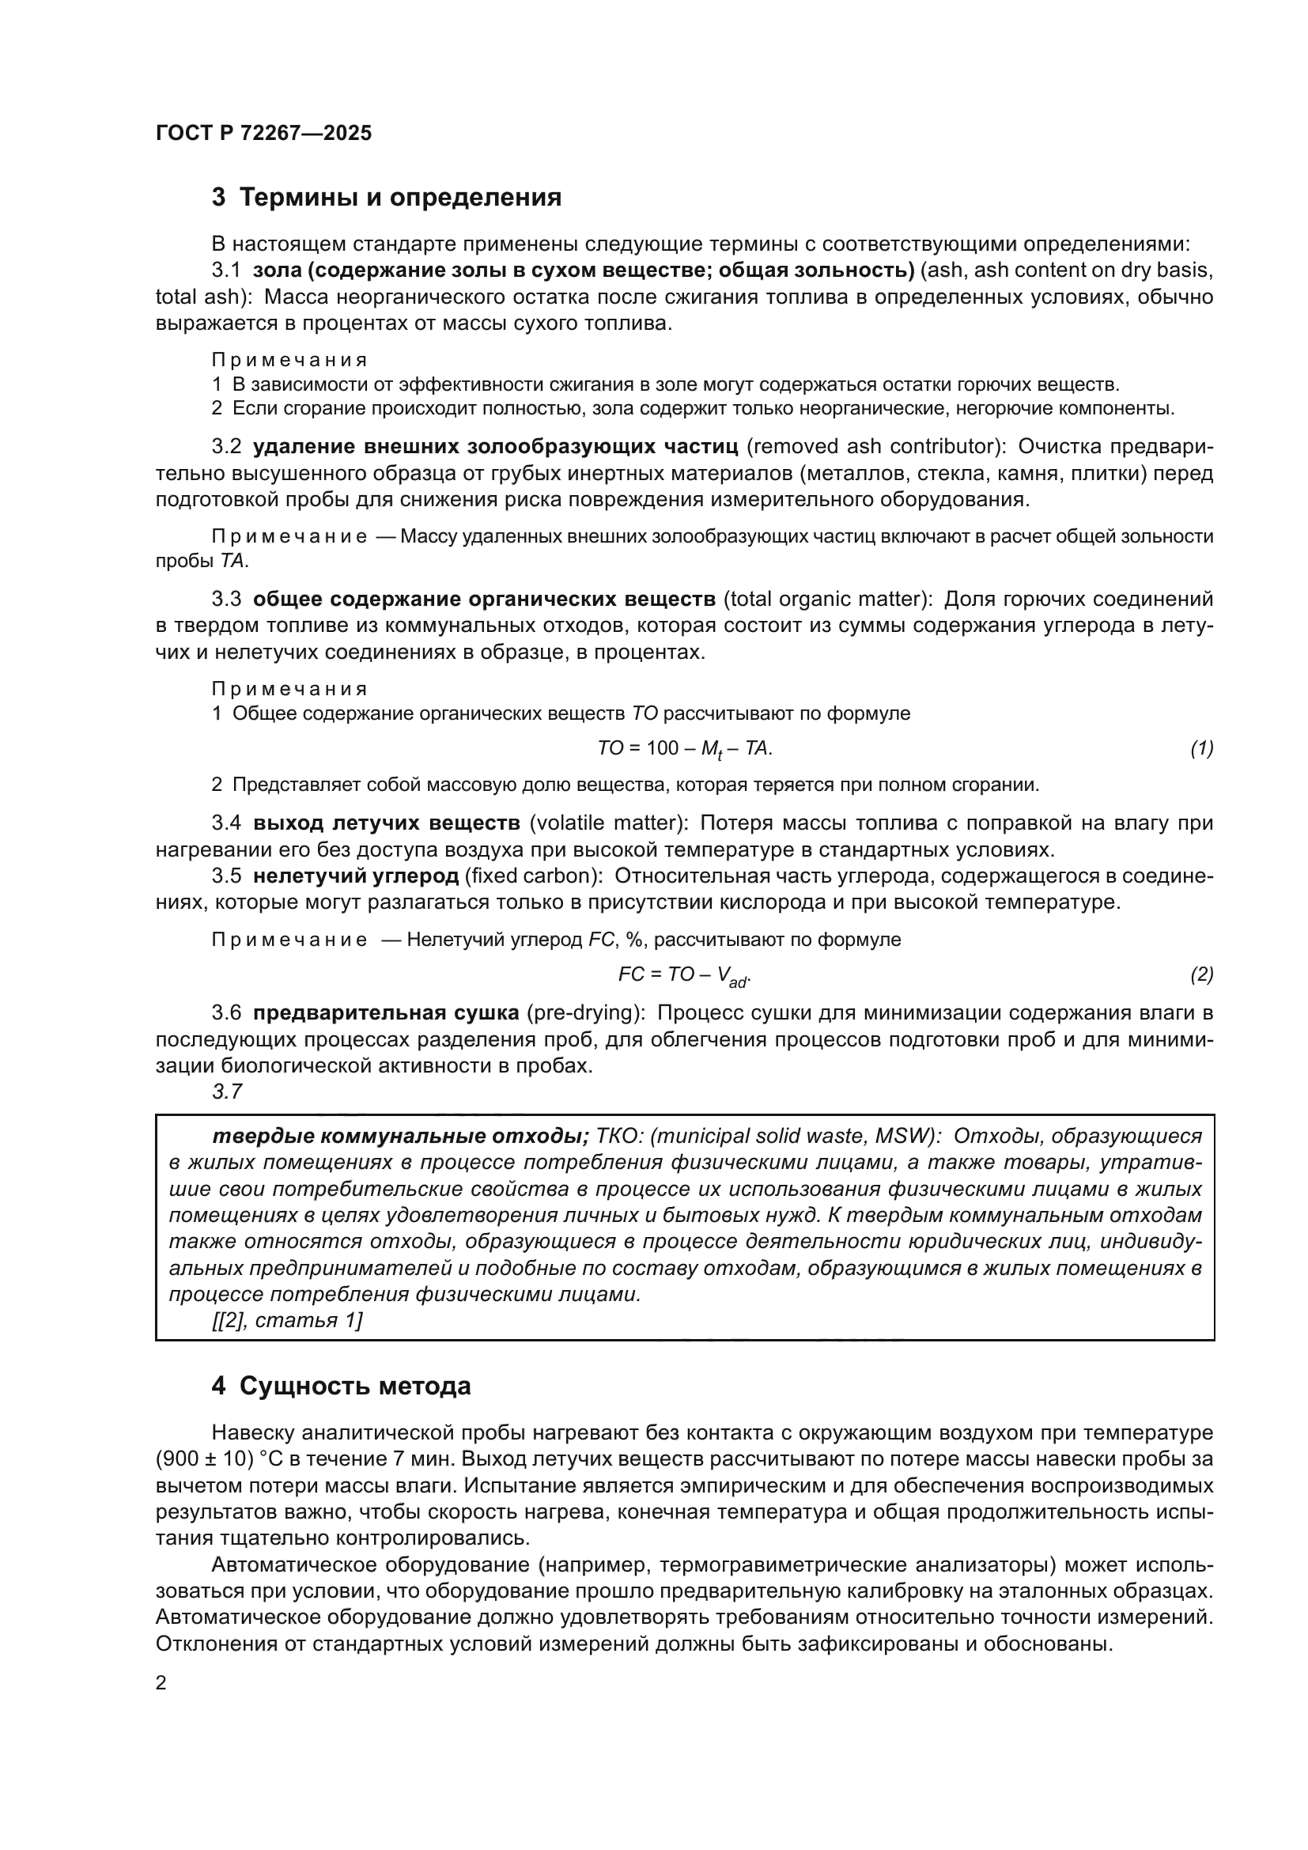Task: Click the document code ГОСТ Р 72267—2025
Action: click(263, 134)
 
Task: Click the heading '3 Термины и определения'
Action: click(386, 198)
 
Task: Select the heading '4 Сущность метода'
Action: click(341, 1386)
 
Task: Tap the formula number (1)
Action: click(1202, 748)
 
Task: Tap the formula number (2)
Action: click(1202, 974)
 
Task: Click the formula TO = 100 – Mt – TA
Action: click(685, 749)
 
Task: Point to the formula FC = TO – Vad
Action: click(685, 975)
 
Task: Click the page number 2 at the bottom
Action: click(161, 1682)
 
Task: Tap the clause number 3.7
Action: click(227, 1091)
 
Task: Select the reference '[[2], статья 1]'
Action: click(287, 1320)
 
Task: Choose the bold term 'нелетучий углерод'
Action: click(355, 876)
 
